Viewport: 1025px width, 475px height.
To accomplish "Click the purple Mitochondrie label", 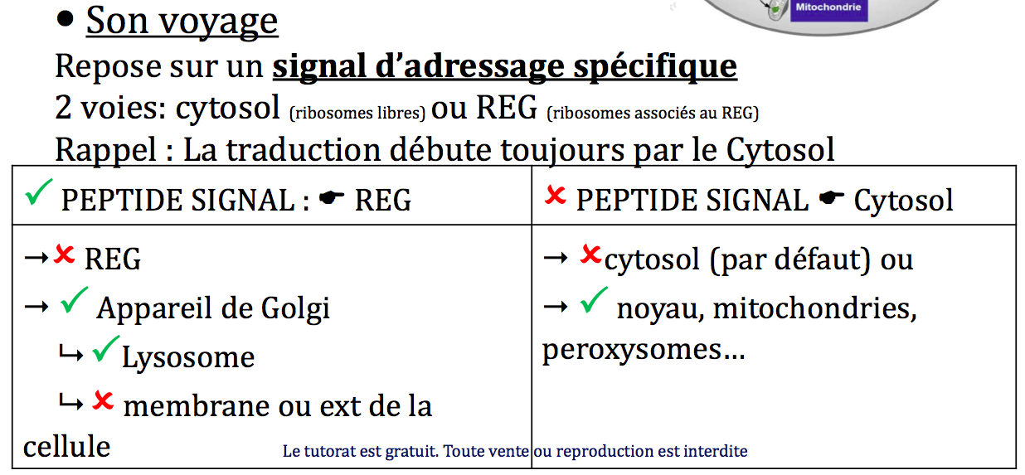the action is pos(828,9).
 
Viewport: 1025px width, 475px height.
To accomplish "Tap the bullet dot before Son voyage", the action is pos(65,19).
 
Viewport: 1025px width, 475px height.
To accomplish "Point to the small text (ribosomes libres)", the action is pos(357,113).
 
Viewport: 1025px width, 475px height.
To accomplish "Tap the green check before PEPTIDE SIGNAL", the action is pos(39,192).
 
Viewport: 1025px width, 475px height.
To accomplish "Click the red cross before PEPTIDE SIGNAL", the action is pos(555,195).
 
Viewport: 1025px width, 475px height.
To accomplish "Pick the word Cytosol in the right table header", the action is pos(903,201).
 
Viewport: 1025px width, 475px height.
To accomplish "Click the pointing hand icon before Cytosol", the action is pos(832,197).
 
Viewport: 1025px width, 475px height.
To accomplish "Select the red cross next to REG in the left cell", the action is pos(64,254).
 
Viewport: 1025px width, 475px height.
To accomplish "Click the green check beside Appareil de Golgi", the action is pos(74,300).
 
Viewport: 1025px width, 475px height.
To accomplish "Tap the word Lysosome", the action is pos(188,357).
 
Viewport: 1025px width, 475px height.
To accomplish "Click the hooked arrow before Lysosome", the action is pos(71,353).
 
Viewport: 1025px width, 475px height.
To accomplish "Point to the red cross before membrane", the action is pos(103,401).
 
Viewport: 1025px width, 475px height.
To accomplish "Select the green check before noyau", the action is pos(594,300).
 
